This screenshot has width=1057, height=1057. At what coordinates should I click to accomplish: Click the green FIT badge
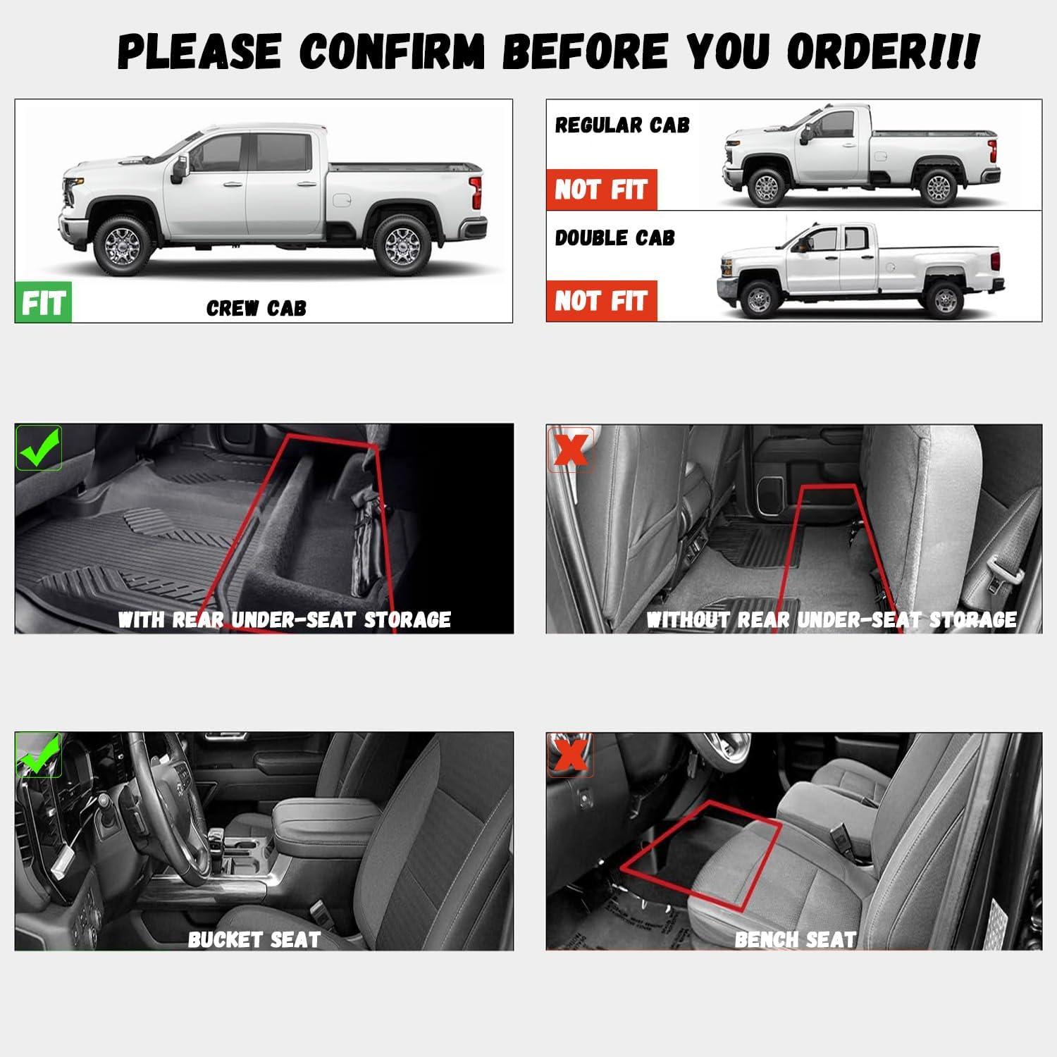[x=43, y=302]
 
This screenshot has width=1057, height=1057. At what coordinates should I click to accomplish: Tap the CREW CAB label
[x=256, y=308]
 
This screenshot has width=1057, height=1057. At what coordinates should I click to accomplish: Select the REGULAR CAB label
[x=622, y=125]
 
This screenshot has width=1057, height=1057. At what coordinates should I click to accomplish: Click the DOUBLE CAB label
[x=614, y=238]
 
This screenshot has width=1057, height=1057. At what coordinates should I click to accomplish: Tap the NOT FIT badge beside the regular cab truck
[x=601, y=190]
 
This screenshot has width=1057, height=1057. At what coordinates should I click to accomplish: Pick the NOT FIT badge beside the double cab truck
[x=601, y=301]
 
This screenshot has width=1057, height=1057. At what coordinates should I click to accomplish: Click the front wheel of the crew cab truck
[x=123, y=245]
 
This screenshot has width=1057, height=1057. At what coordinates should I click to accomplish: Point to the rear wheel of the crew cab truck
[x=402, y=245]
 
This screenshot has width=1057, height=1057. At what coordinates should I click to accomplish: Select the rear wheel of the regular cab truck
[x=938, y=187]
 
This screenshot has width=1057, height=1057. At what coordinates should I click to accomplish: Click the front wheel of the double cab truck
[x=758, y=299]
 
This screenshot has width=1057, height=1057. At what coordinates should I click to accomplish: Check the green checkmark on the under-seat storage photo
[x=39, y=448]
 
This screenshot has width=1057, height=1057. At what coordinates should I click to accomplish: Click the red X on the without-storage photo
[x=570, y=449]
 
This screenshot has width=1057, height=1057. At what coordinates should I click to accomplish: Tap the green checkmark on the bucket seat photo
[x=39, y=755]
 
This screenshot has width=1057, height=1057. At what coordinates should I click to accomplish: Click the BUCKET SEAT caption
[x=254, y=939]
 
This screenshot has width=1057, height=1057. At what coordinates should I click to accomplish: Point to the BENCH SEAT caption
[x=795, y=939]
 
